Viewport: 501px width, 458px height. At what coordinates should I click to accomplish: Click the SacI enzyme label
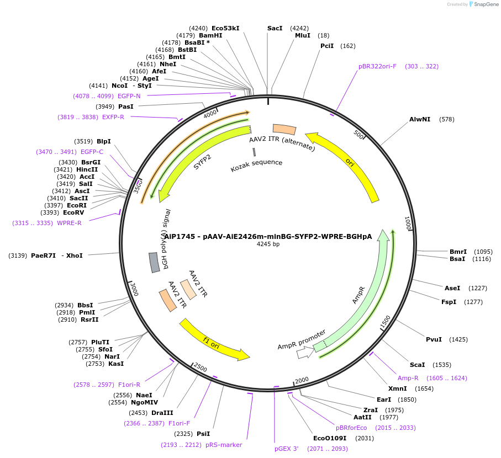(275, 28)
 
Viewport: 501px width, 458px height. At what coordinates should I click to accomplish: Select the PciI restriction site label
(327, 46)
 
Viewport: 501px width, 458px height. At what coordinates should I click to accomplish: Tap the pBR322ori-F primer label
(377, 66)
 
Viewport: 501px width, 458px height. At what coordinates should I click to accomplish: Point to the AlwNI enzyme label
(419, 119)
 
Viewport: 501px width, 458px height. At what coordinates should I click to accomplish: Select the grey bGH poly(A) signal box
(154, 262)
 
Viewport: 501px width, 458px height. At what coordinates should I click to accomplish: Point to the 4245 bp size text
(268, 244)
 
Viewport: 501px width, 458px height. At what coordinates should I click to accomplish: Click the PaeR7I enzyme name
(43, 255)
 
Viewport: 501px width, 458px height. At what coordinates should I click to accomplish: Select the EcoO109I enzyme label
(330, 438)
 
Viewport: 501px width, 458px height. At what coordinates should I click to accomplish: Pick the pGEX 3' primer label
(286, 449)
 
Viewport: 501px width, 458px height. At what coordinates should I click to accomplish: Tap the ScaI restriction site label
(417, 365)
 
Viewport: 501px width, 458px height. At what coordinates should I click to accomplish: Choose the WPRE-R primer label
(70, 223)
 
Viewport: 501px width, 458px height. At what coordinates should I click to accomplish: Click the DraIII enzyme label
(162, 413)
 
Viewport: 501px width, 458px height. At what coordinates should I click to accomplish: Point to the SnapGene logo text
(484, 4)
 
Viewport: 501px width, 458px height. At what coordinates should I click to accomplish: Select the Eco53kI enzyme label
(225, 28)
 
